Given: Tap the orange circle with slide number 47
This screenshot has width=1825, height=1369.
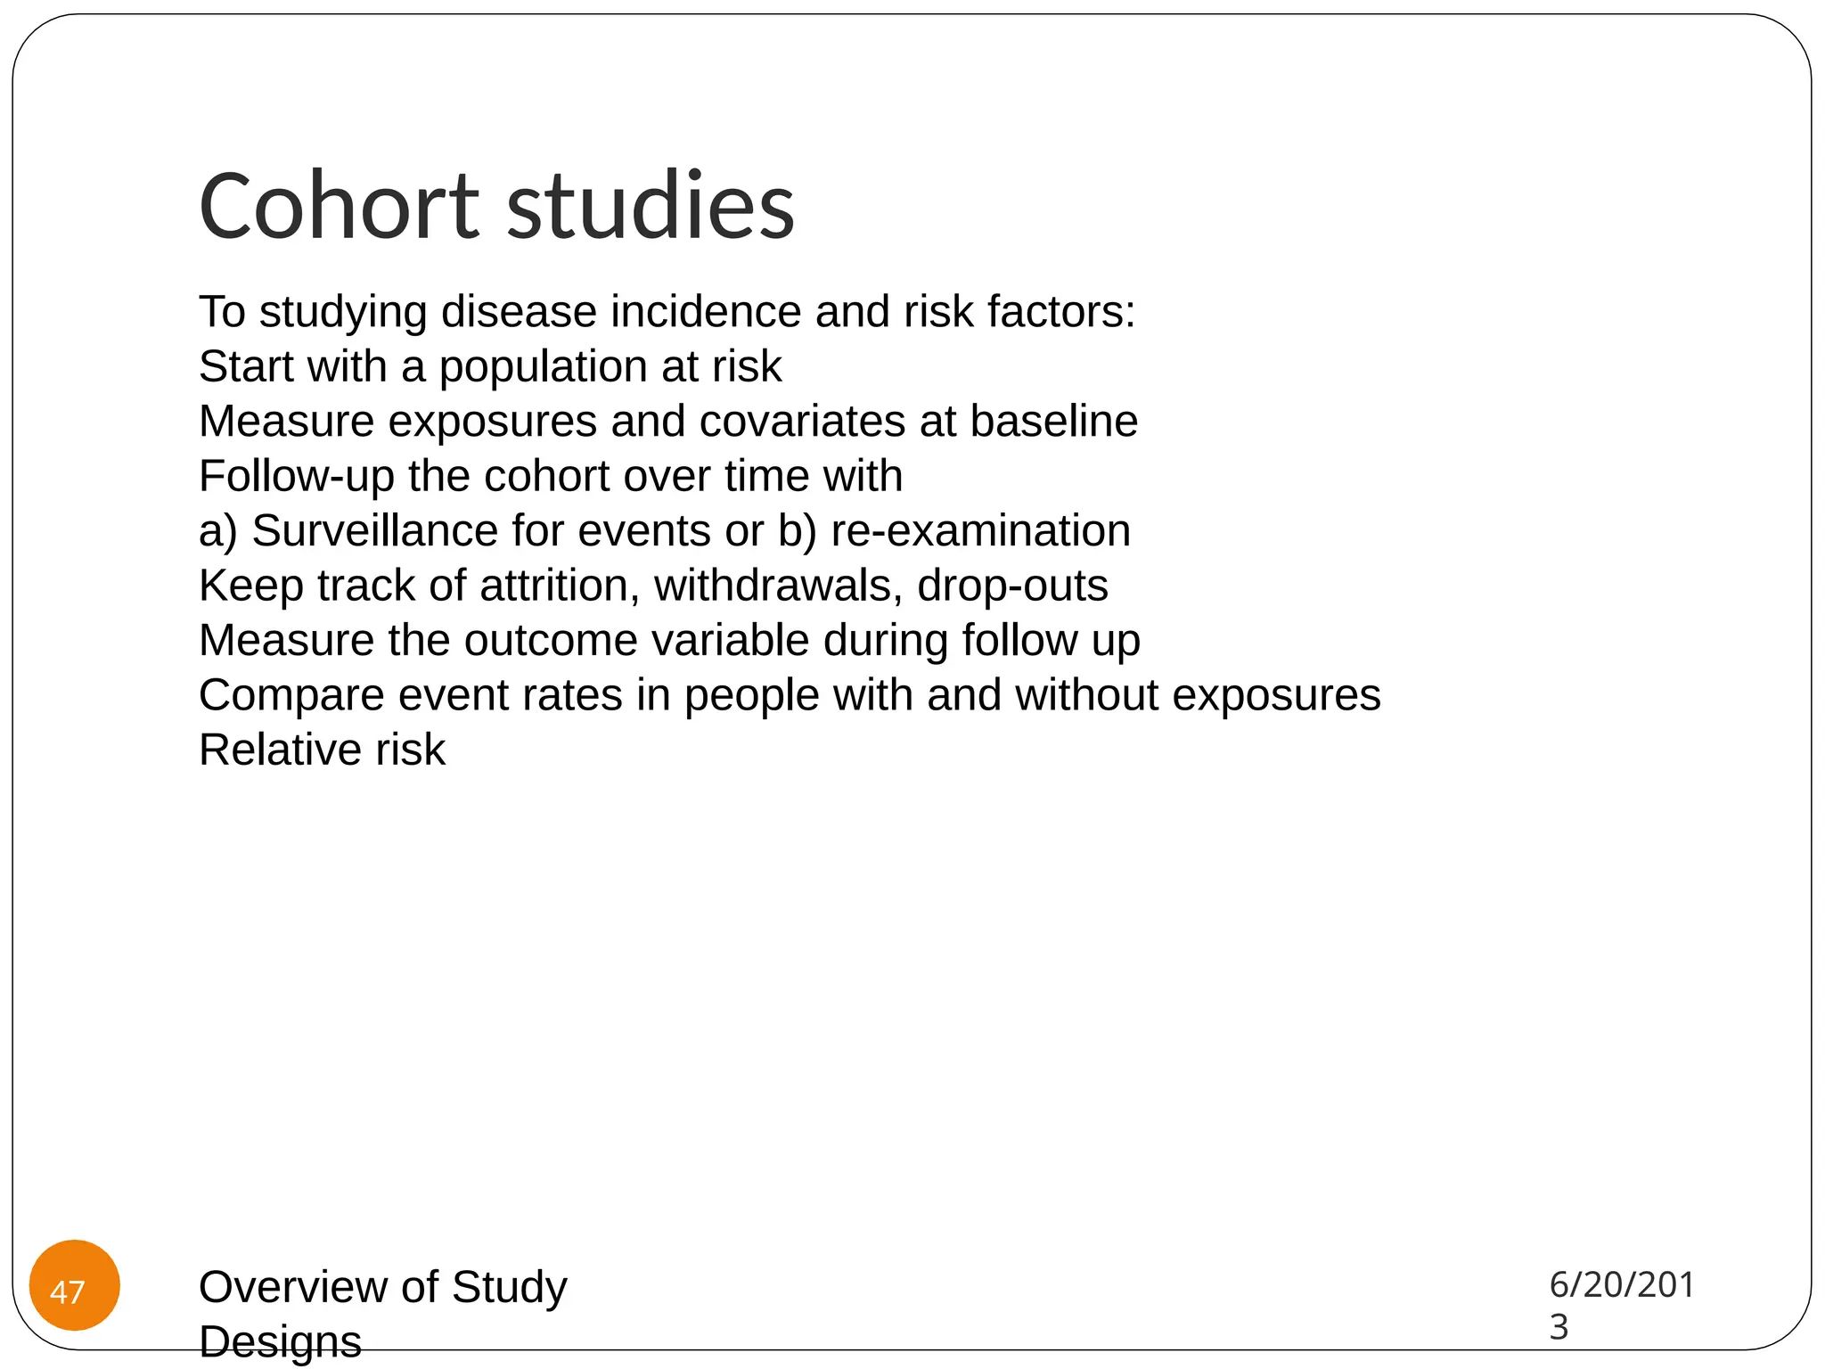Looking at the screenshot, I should pos(75,1284).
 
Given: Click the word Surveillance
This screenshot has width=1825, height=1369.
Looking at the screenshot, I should pos(374,531).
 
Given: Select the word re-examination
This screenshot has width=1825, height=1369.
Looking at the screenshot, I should pos(980,531).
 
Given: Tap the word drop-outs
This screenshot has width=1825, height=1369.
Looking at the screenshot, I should pos(1012,586).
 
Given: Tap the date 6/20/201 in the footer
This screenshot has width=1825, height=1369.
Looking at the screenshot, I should pos(1621,1284).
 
